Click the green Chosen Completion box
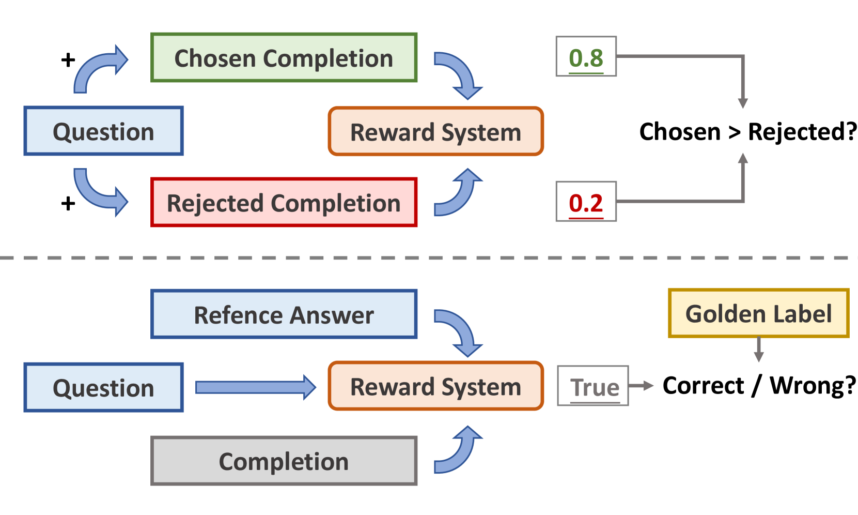click(284, 58)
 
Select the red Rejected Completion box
click(284, 203)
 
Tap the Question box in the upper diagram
click(103, 131)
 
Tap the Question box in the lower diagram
click(103, 387)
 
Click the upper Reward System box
click(435, 132)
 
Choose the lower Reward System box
click(435, 386)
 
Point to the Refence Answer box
click(284, 314)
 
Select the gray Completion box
click(284, 461)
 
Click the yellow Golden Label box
click(758, 313)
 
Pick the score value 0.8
click(586, 57)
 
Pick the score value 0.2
click(586, 202)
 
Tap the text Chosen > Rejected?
click(747, 131)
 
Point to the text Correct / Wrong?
click(759, 385)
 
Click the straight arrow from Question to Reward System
click(255, 387)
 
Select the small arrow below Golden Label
click(758, 350)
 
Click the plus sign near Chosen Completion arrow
click(68, 59)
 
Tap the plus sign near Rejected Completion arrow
click(68, 203)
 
